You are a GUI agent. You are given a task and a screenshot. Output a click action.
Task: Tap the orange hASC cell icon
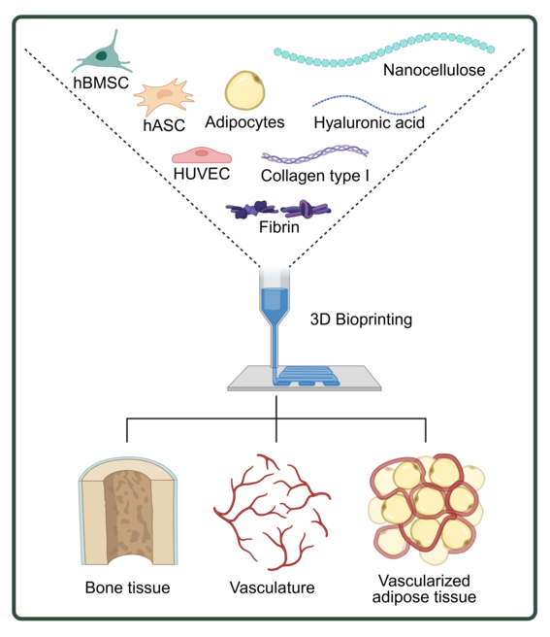point(164,97)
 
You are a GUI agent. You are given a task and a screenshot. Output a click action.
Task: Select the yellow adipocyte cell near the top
point(245,90)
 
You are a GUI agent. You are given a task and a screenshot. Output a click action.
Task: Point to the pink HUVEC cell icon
point(202,155)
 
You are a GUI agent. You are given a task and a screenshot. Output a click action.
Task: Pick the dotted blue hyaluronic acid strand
point(370,105)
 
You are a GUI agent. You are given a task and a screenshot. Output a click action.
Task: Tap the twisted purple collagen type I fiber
point(315,154)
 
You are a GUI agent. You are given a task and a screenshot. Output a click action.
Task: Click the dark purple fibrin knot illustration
point(278,210)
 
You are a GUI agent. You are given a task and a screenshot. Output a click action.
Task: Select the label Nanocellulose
point(434,70)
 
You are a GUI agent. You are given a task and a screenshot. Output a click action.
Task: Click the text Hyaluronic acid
point(370,122)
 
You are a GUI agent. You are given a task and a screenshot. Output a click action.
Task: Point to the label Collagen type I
point(315,176)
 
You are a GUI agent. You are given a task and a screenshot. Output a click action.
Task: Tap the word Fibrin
point(279,227)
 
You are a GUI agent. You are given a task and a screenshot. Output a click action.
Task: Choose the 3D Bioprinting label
point(361,319)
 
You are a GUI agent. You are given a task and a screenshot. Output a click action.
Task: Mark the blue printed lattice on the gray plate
point(307,376)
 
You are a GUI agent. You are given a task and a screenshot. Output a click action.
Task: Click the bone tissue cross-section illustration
point(128,511)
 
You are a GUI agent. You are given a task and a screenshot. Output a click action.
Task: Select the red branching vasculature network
point(272,512)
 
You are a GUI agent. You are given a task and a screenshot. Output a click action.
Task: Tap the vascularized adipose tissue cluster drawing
point(426,509)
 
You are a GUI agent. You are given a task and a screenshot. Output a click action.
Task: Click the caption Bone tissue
point(127,587)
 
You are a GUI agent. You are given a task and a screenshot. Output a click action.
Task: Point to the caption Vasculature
point(272,587)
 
